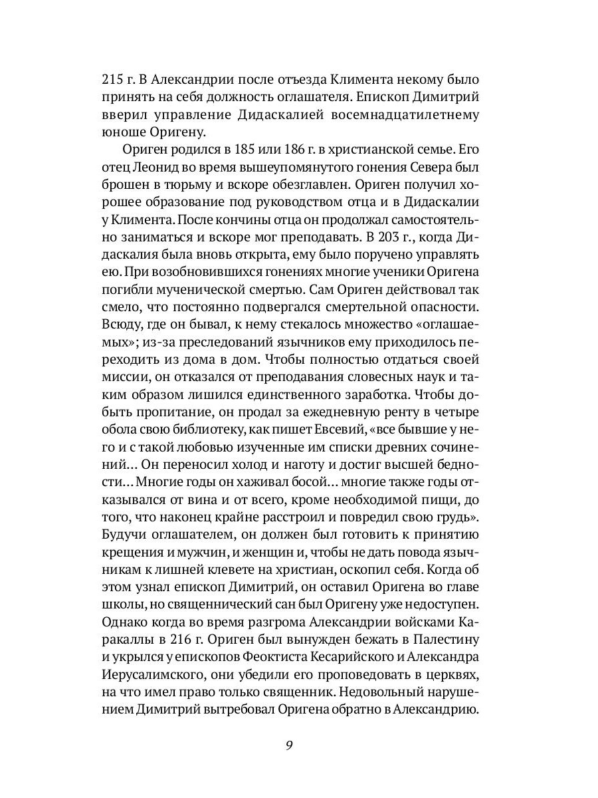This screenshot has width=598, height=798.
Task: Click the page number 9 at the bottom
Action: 290,743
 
